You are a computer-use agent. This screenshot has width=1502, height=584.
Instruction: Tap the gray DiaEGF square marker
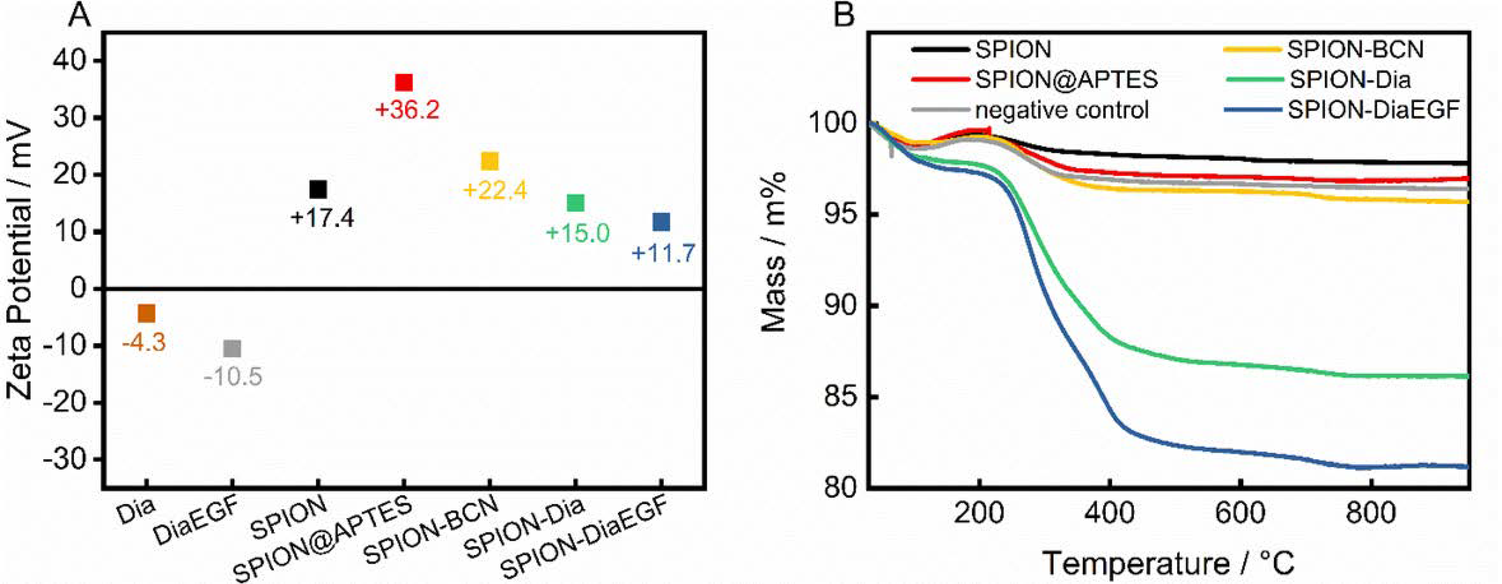232,349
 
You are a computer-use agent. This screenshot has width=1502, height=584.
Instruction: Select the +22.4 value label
495,190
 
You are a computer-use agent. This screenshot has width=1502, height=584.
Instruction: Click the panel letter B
844,16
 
